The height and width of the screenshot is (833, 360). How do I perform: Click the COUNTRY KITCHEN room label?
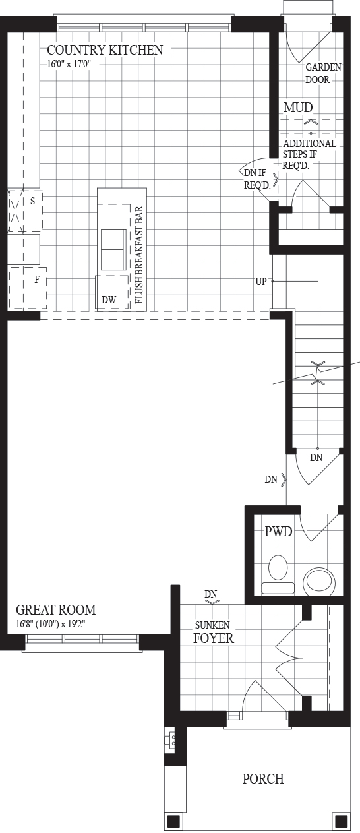tap(105, 50)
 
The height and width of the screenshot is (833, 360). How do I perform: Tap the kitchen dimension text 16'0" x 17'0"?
tap(69, 64)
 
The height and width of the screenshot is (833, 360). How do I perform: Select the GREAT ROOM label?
tap(56, 610)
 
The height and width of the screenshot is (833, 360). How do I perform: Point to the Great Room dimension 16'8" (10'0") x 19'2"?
tap(51, 624)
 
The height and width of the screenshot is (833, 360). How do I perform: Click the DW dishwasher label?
tap(109, 299)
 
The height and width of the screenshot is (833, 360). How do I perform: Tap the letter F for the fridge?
tap(37, 280)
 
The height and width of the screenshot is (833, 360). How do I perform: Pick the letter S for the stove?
tap(33, 201)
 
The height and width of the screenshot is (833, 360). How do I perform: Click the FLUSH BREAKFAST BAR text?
tap(139, 255)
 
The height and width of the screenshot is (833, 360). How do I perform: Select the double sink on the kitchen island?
tap(113, 249)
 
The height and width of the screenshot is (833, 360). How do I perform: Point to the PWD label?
tap(278, 532)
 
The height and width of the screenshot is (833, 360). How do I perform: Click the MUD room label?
tap(298, 108)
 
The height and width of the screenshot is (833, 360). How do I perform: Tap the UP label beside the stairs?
tap(261, 282)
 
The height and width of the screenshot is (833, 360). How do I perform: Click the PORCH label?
tap(263, 778)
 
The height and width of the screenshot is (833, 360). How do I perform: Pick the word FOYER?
tap(214, 638)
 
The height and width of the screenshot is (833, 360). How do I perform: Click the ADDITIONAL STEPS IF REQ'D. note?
tap(309, 154)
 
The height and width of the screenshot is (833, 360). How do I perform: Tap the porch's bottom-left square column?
tap(174, 821)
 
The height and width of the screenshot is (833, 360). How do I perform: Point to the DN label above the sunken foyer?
tap(210, 594)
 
